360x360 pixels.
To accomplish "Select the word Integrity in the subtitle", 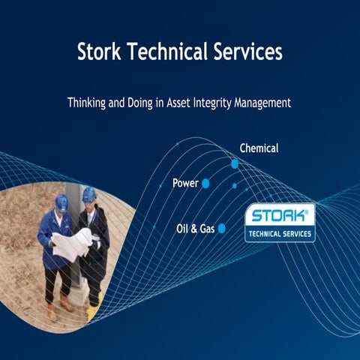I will pyautogui.click(x=223, y=103).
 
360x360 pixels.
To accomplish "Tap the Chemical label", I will pyautogui.click(x=259, y=148).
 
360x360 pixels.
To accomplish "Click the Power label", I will pyautogui.click(x=184, y=183).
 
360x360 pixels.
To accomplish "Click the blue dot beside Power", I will pyautogui.click(x=205, y=183).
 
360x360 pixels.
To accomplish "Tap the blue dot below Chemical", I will pyautogui.click(x=235, y=163).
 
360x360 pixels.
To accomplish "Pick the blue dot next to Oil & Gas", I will pyautogui.click(x=221, y=228).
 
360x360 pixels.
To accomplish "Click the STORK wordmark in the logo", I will pyautogui.click(x=279, y=216).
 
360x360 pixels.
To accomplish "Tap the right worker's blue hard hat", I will pyautogui.click(x=89, y=193).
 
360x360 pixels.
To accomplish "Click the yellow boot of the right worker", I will pyautogui.click(x=91, y=309).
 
